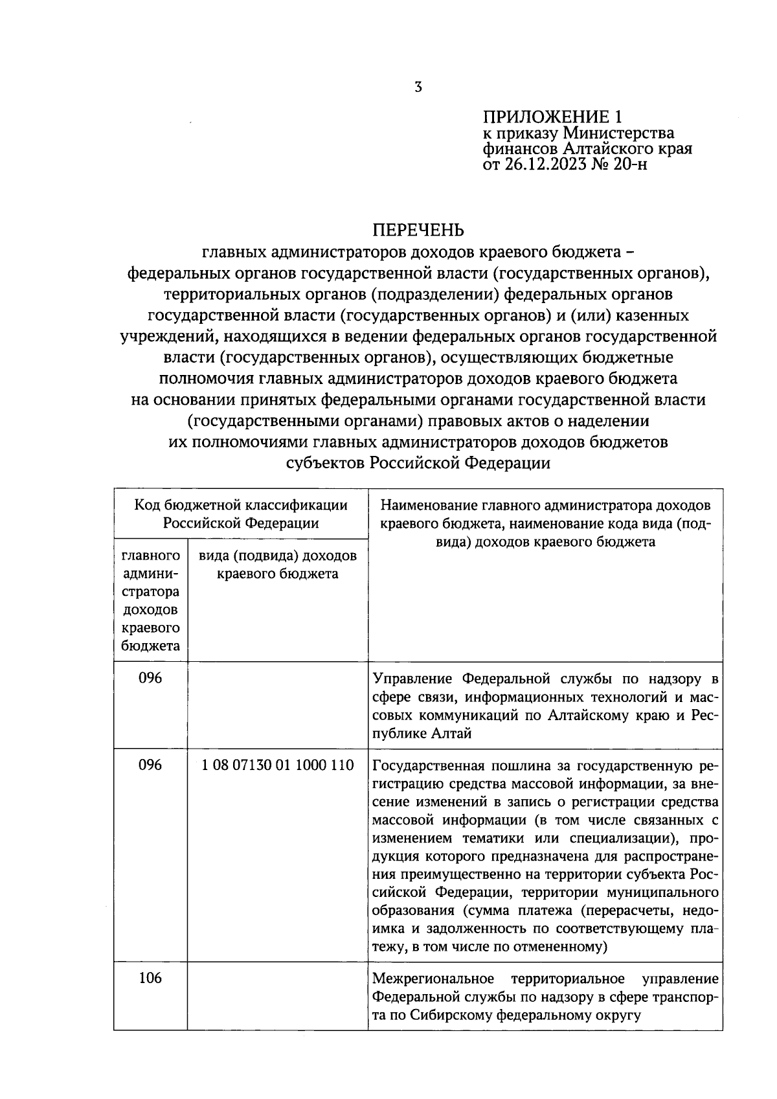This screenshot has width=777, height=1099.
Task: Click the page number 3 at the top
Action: point(418,87)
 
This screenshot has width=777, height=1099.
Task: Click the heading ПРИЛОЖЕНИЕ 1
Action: point(552,117)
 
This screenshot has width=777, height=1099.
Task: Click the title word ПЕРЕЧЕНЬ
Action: point(418,231)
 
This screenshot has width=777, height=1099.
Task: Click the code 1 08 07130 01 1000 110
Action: point(278,765)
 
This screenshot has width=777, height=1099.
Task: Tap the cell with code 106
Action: point(150,979)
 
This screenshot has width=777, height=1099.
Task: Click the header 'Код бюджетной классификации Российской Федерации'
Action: point(241,514)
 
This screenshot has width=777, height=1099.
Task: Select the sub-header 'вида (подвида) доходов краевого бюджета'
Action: point(278,565)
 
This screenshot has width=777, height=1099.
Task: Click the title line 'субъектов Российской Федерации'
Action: point(418,464)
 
